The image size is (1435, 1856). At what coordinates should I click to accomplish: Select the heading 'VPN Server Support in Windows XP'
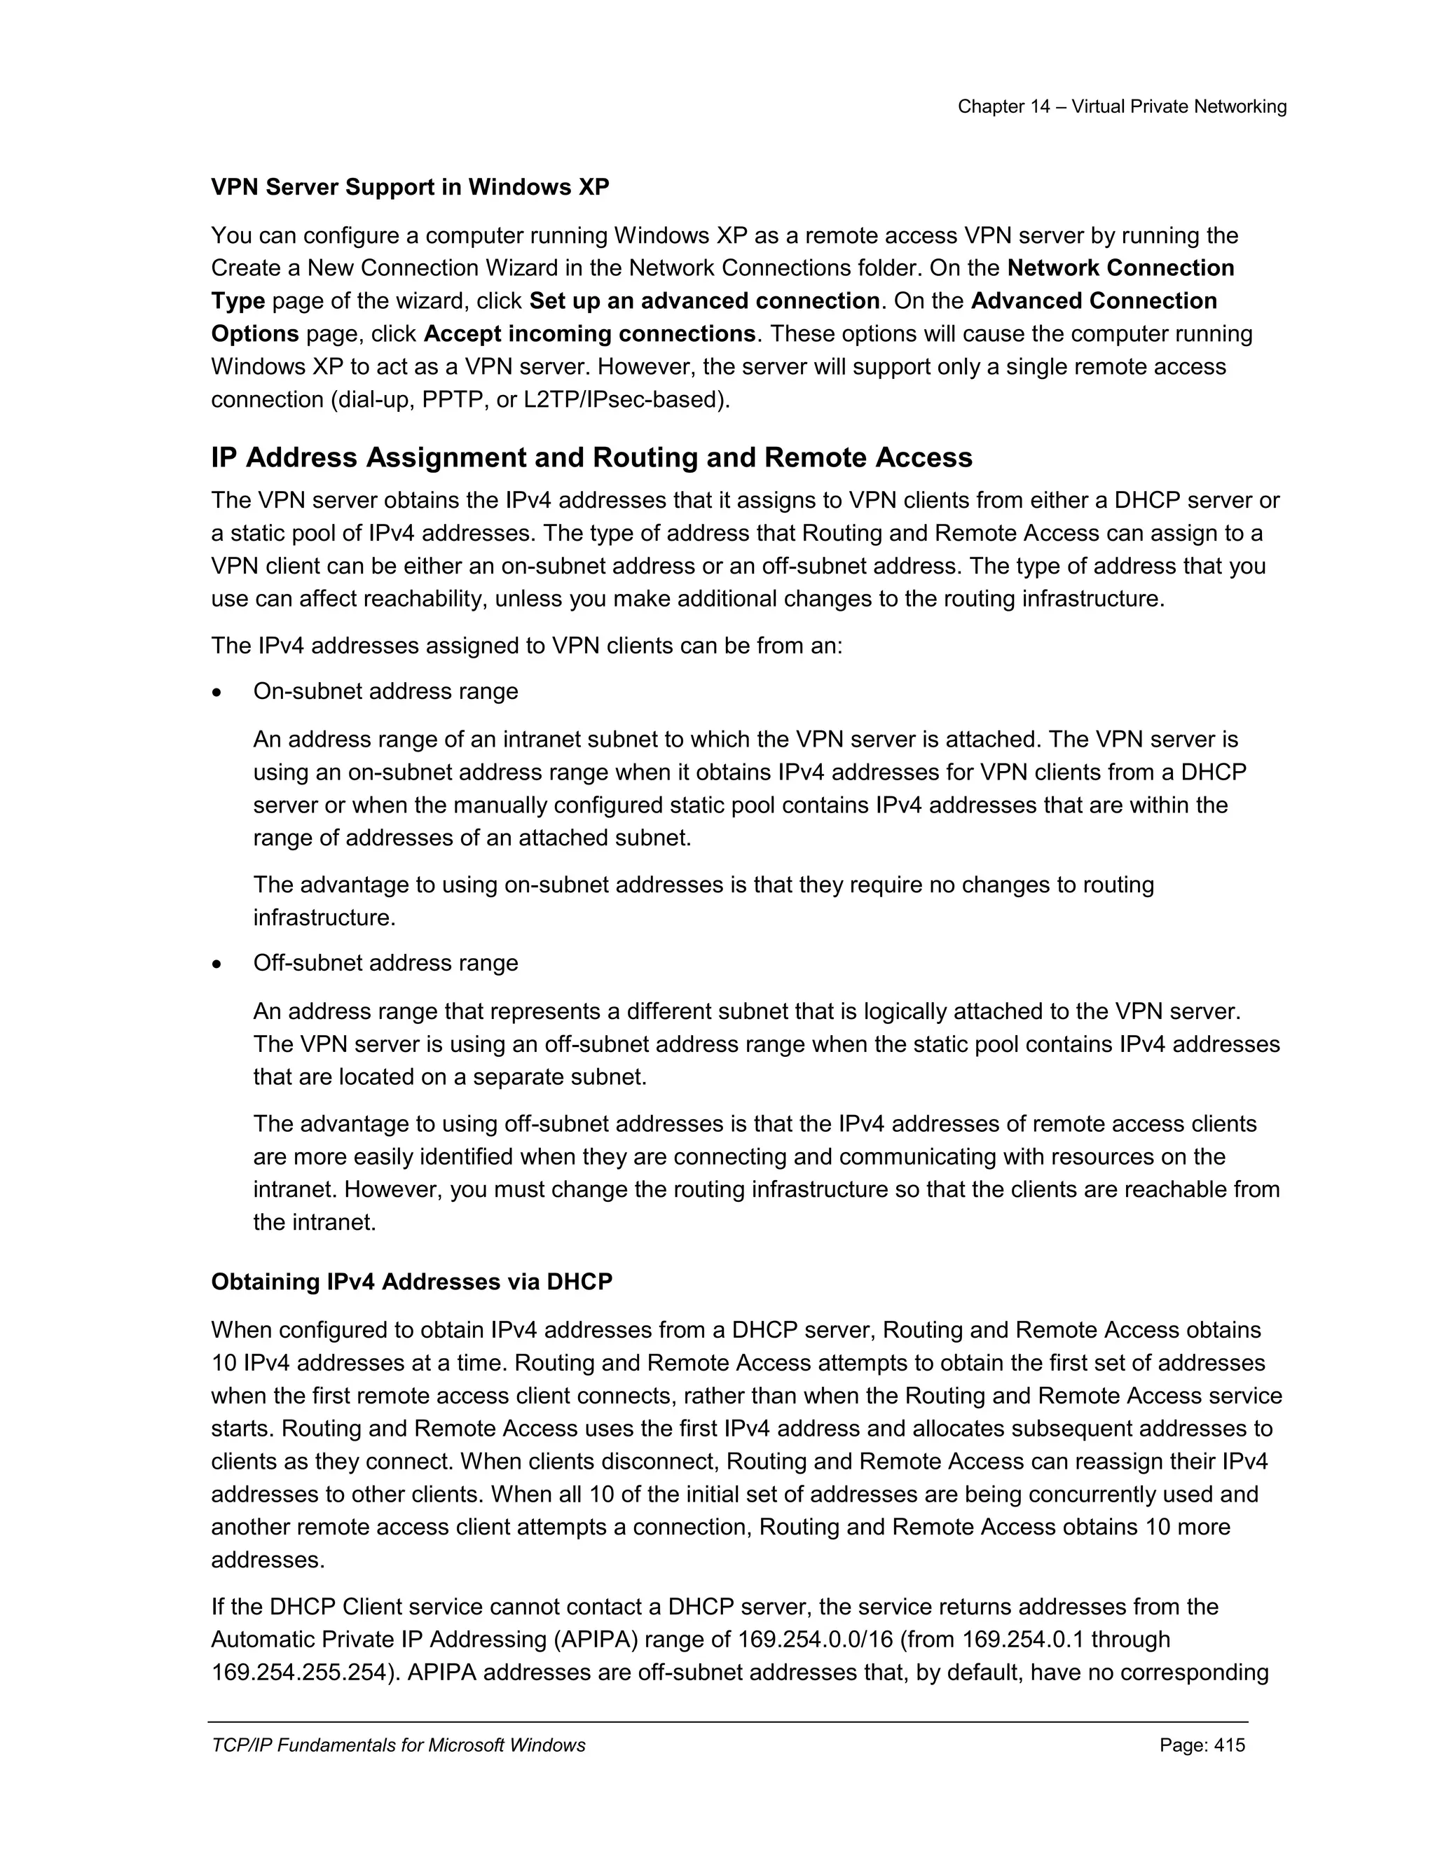[x=410, y=187]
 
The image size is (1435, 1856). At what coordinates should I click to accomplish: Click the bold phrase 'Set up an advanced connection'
[x=704, y=301]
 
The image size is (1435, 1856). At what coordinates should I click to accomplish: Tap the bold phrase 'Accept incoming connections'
[x=589, y=334]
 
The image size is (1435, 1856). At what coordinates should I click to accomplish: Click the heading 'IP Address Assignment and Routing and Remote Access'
[x=591, y=457]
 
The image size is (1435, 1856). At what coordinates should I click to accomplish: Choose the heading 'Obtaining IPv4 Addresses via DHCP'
[x=411, y=1282]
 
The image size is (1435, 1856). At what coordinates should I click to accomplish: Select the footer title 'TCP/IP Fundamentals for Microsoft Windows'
[x=398, y=1745]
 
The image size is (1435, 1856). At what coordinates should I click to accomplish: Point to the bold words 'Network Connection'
[x=1120, y=268]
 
